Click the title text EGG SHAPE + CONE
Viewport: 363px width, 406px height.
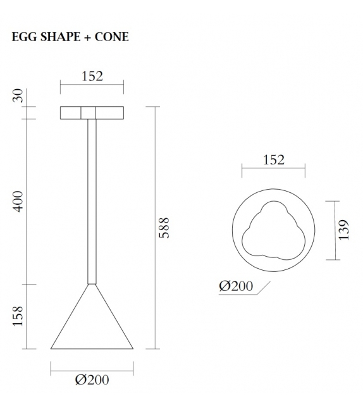coord(70,37)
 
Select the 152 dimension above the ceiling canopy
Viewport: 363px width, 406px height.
coord(92,77)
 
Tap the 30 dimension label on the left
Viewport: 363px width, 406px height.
coord(18,95)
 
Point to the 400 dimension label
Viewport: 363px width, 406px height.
coord(18,200)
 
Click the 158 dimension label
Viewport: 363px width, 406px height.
coord(18,316)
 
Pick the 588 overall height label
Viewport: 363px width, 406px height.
coord(164,228)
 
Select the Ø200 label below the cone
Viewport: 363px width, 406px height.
coord(92,380)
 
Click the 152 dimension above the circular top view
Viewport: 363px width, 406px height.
coord(273,160)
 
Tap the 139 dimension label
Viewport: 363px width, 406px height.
coord(343,230)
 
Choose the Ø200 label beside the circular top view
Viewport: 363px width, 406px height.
coord(236,286)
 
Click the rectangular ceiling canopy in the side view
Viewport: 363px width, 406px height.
coord(92,113)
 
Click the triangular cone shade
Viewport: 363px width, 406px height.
coord(92,326)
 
